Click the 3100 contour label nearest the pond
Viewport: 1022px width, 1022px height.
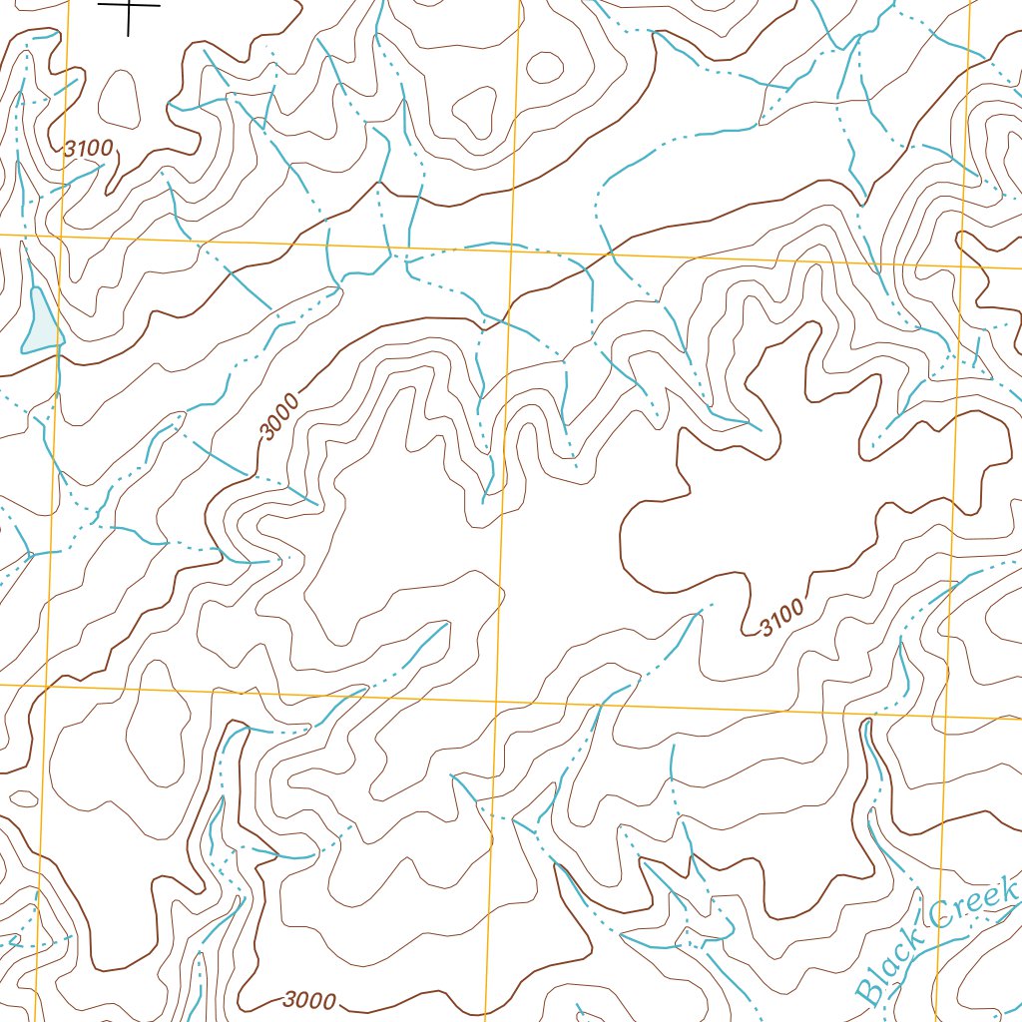tap(88, 149)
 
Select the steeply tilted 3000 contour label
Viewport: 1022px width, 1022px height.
tap(279, 417)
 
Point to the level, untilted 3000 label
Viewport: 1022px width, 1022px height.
tap(309, 1000)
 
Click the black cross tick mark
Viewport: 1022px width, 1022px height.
tap(130, 8)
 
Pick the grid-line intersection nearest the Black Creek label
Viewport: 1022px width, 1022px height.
tap(946, 717)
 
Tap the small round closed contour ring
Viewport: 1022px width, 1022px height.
tap(544, 67)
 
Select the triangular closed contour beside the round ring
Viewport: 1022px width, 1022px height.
tap(475, 110)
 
